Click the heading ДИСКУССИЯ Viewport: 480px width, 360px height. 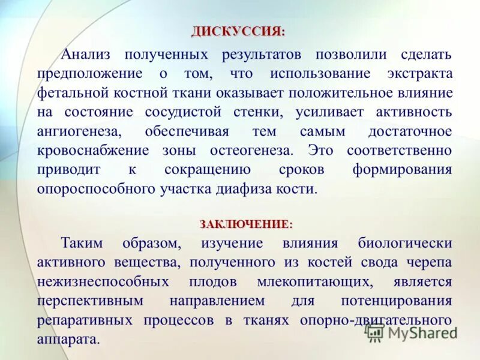(x=238, y=31)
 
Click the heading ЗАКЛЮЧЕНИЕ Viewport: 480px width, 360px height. (x=246, y=224)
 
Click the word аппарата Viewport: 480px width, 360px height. (x=67, y=340)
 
